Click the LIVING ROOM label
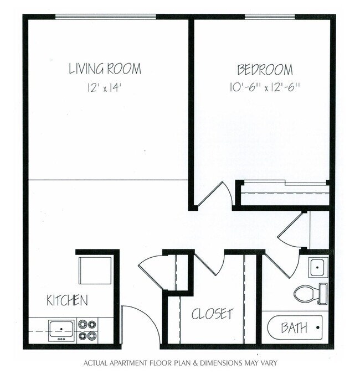click(x=105, y=69)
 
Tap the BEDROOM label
click(x=265, y=70)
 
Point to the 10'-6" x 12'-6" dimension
click(x=265, y=87)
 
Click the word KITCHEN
click(x=67, y=301)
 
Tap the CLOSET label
click(x=212, y=314)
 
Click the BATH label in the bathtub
click(x=294, y=328)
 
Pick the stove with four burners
click(x=87, y=330)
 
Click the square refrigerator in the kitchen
click(x=95, y=269)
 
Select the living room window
click(x=106, y=17)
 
